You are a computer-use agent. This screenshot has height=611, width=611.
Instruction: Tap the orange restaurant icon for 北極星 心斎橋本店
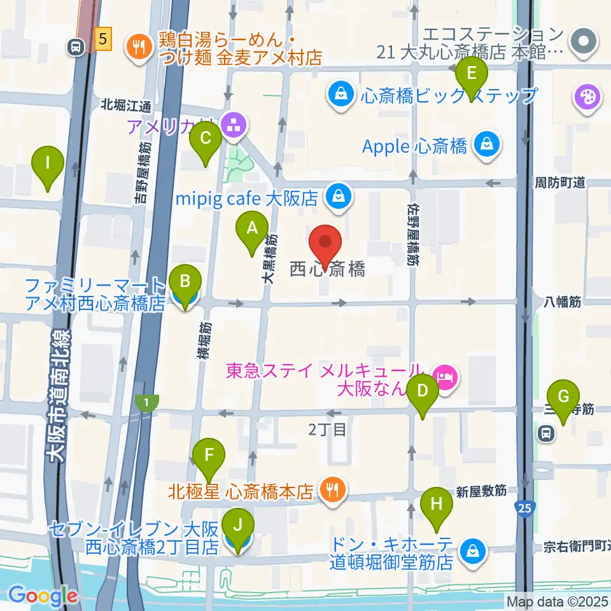[332, 489]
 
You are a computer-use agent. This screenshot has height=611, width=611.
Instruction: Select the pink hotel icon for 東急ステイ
[446, 377]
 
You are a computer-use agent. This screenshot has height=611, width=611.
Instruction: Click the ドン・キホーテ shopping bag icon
[473, 549]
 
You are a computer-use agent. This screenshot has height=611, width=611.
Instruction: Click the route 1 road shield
[147, 402]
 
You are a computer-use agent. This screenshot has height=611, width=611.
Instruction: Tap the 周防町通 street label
[559, 183]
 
